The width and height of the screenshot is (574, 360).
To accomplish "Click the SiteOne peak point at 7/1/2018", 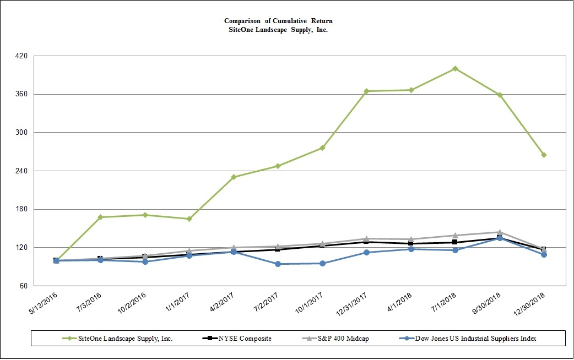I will (x=455, y=69).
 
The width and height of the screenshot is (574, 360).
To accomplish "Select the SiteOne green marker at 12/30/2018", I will (x=544, y=155).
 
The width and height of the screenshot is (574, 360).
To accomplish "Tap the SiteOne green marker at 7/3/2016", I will (x=100, y=217).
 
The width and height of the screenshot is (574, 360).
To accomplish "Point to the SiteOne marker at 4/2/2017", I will (x=234, y=177).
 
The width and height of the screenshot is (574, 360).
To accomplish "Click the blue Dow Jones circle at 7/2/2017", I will (x=278, y=264).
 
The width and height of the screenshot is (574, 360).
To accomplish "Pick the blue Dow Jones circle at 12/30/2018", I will (x=544, y=254).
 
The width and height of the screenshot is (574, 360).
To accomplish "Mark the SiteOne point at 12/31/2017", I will (x=366, y=91).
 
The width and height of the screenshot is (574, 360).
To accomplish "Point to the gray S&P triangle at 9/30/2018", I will (x=499, y=232).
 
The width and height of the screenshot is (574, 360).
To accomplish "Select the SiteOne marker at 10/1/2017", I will (x=322, y=148).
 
